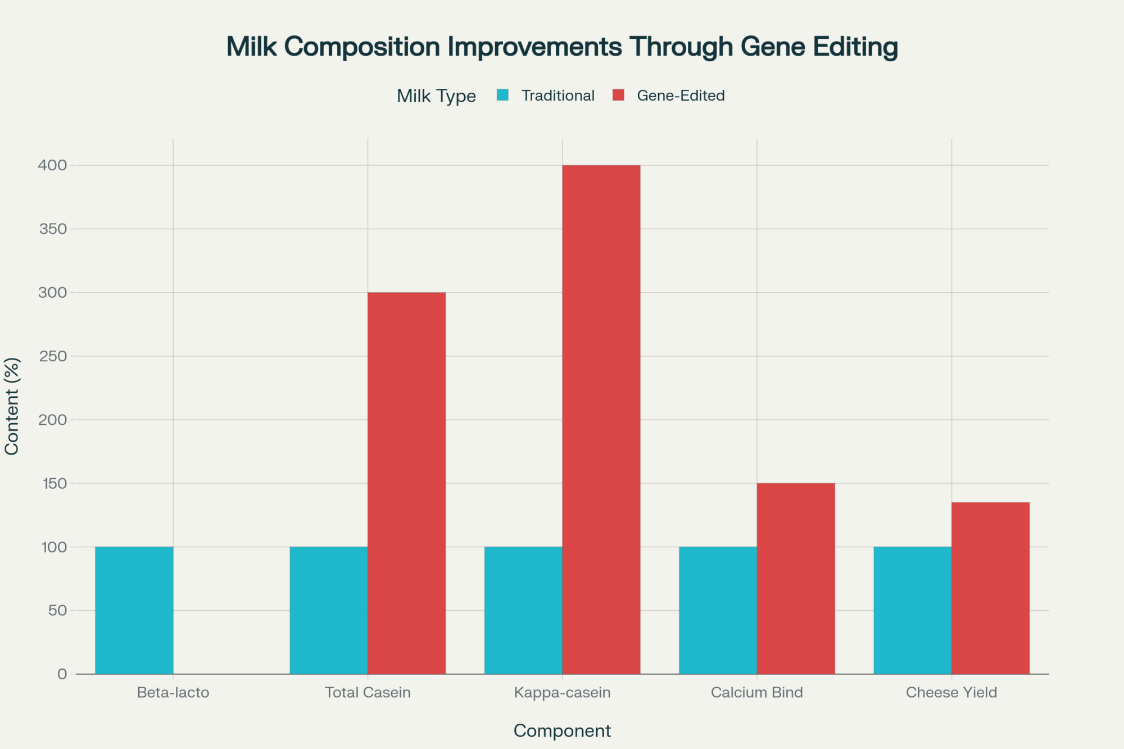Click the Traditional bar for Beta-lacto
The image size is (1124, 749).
coord(134,610)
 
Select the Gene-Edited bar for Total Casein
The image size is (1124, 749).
coord(407,483)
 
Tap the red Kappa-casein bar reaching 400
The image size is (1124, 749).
coord(601,420)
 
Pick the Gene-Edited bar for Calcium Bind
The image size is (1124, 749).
coord(796,579)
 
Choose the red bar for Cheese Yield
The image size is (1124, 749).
coord(990,588)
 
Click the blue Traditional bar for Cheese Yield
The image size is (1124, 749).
coord(913,610)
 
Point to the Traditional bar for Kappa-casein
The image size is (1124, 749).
coord(523,610)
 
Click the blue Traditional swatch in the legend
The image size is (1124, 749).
coord(502,95)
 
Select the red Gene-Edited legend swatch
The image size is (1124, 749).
coord(618,95)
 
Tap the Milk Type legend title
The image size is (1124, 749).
coord(436,96)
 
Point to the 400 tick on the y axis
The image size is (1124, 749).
coord(52,165)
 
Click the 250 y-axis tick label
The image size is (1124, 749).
coord(53,356)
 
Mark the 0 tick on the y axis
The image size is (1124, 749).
coord(62,674)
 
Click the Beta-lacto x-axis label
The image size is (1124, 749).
coord(173,692)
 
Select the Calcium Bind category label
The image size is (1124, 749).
coord(757,692)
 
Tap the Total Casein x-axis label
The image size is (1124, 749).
coord(368,692)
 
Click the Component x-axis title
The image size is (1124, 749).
coord(562,730)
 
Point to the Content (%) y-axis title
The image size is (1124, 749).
coord(12,406)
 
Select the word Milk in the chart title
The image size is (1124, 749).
coord(252,46)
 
